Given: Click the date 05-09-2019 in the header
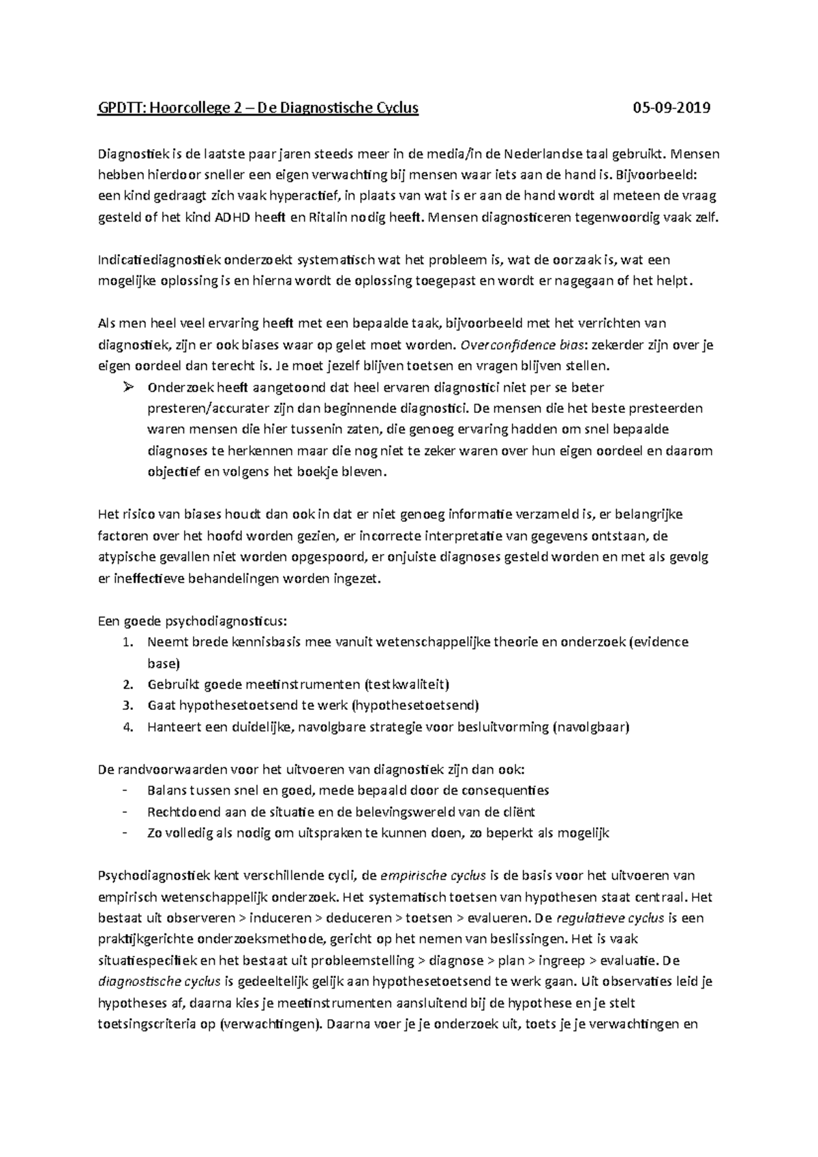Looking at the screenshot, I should (671, 108).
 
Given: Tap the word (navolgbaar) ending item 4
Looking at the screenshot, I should (590, 726).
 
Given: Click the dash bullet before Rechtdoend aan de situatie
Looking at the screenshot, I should (124, 812).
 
